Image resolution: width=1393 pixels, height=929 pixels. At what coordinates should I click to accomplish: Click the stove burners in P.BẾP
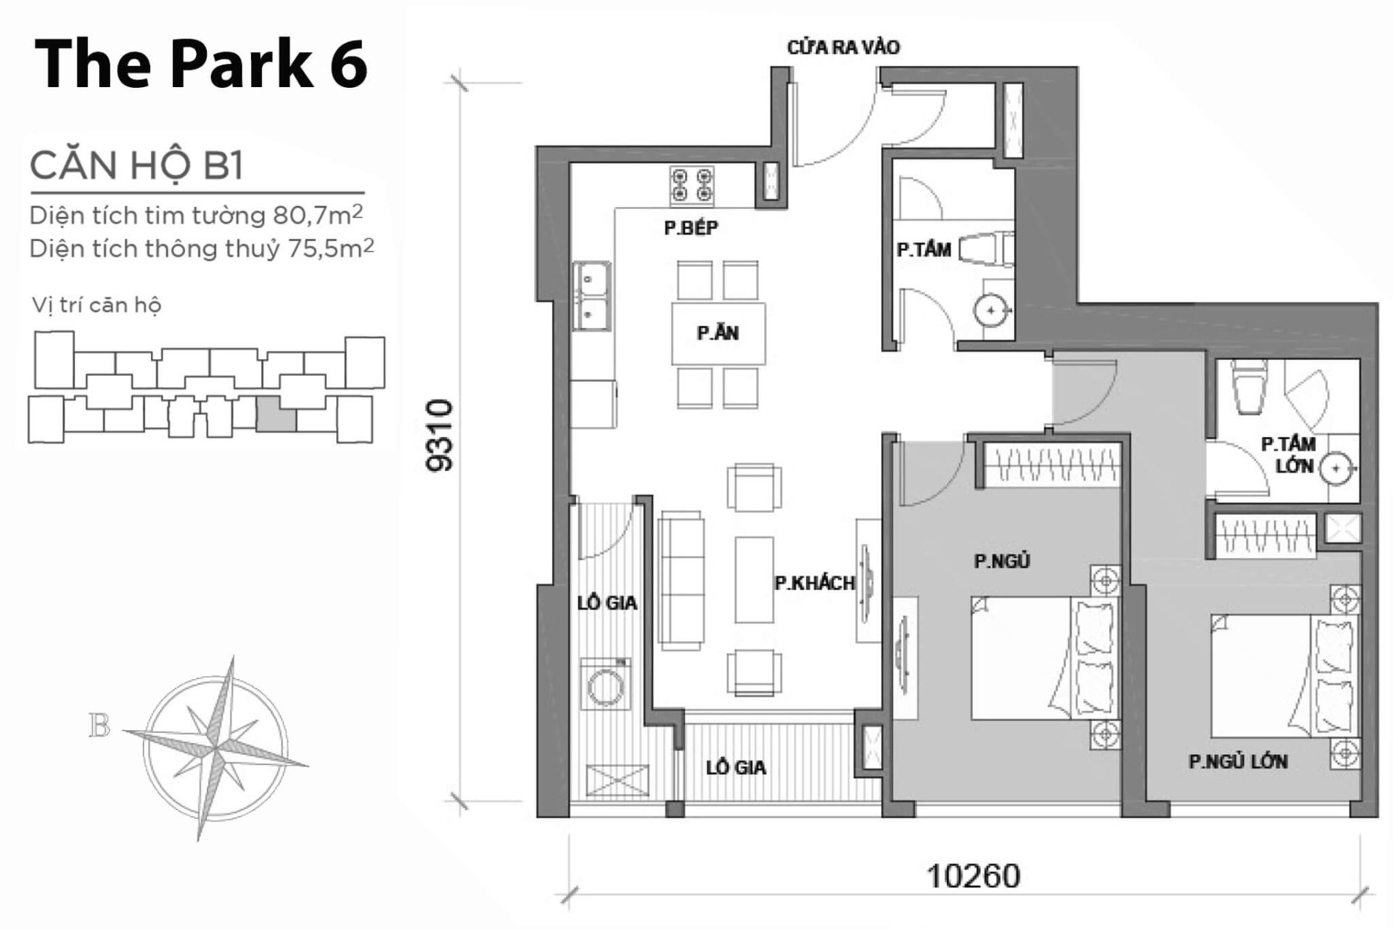(691, 184)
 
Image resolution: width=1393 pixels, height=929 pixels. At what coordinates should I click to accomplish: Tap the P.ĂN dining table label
(718, 333)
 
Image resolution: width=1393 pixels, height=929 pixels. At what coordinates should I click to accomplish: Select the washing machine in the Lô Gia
(605, 684)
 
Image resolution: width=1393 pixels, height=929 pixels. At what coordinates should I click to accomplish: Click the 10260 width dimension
(974, 876)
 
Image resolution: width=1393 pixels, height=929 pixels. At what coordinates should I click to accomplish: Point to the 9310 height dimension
(441, 435)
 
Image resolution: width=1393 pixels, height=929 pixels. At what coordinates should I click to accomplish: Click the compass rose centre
(215, 748)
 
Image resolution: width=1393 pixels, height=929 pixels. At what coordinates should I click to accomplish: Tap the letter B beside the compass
(99, 726)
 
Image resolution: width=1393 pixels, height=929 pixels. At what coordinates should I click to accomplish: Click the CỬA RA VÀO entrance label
(843, 48)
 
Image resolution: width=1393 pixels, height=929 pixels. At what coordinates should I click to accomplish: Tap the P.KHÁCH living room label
(814, 583)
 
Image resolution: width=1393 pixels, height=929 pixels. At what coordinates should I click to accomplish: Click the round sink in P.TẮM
(990, 311)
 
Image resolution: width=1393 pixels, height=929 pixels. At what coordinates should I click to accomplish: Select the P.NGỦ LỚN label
(1238, 761)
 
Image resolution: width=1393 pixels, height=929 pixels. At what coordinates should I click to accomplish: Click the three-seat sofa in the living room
(681, 580)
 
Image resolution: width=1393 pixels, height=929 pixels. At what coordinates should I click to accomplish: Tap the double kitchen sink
(593, 295)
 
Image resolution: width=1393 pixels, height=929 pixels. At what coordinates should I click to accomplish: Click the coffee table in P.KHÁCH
(754, 580)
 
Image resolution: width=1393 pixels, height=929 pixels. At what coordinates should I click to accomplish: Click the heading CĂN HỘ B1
(136, 165)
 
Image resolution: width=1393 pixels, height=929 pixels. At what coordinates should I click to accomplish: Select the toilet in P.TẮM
(987, 249)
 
